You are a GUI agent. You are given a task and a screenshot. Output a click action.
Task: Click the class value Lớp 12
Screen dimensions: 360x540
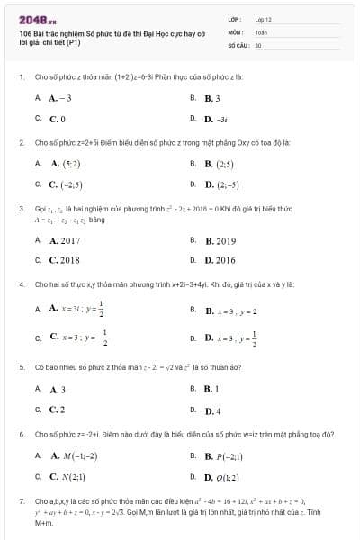tap(263, 19)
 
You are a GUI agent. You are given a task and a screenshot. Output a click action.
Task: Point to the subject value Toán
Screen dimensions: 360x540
tap(262, 31)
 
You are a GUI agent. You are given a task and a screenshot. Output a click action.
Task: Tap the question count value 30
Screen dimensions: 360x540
tap(258, 44)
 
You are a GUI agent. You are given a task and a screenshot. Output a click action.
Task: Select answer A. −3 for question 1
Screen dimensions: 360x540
tap(59, 97)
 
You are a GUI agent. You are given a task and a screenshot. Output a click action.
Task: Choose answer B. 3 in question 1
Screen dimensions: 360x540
tap(212, 97)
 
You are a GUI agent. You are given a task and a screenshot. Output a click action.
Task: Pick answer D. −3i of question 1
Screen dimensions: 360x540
tap(215, 118)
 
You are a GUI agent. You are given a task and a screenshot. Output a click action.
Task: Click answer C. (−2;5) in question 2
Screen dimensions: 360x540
tap(66, 184)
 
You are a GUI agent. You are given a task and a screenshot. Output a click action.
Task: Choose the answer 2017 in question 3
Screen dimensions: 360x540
tap(64, 240)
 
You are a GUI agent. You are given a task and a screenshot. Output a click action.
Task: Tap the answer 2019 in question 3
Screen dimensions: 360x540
tap(220, 240)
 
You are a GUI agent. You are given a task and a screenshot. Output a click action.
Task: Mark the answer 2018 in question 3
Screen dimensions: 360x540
tap(64, 260)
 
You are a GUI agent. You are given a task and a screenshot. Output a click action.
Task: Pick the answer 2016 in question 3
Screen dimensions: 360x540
tap(220, 260)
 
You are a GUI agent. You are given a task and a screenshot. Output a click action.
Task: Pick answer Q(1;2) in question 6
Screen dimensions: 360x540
tap(221, 477)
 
